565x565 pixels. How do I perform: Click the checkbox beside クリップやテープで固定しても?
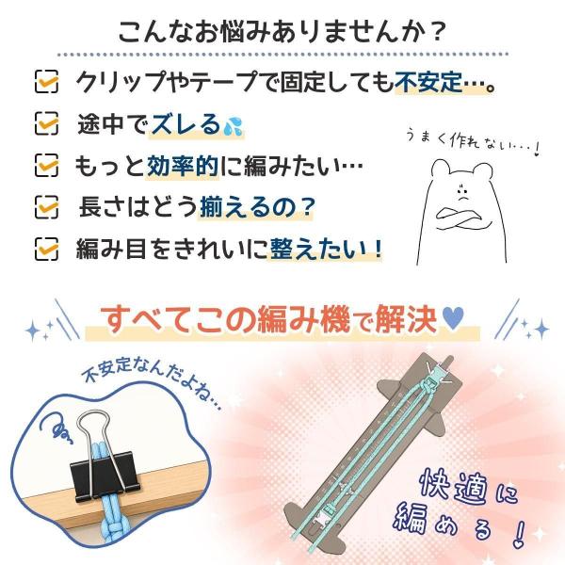[46, 81]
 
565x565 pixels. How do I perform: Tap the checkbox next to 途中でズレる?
[46, 123]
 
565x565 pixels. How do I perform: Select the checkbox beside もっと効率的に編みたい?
[46, 166]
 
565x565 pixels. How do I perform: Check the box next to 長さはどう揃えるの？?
[46, 207]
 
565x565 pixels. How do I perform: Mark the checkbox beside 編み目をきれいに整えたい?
[46, 249]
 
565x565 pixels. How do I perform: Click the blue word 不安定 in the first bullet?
[428, 82]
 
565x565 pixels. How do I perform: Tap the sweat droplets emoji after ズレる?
[234, 126]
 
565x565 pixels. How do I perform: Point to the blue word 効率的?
[183, 166]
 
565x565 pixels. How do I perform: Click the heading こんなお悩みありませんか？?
[282, 32]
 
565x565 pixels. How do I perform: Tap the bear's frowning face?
[462, 192]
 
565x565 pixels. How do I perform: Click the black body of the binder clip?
[105, 476]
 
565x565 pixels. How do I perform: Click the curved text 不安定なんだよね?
[152, 381]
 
